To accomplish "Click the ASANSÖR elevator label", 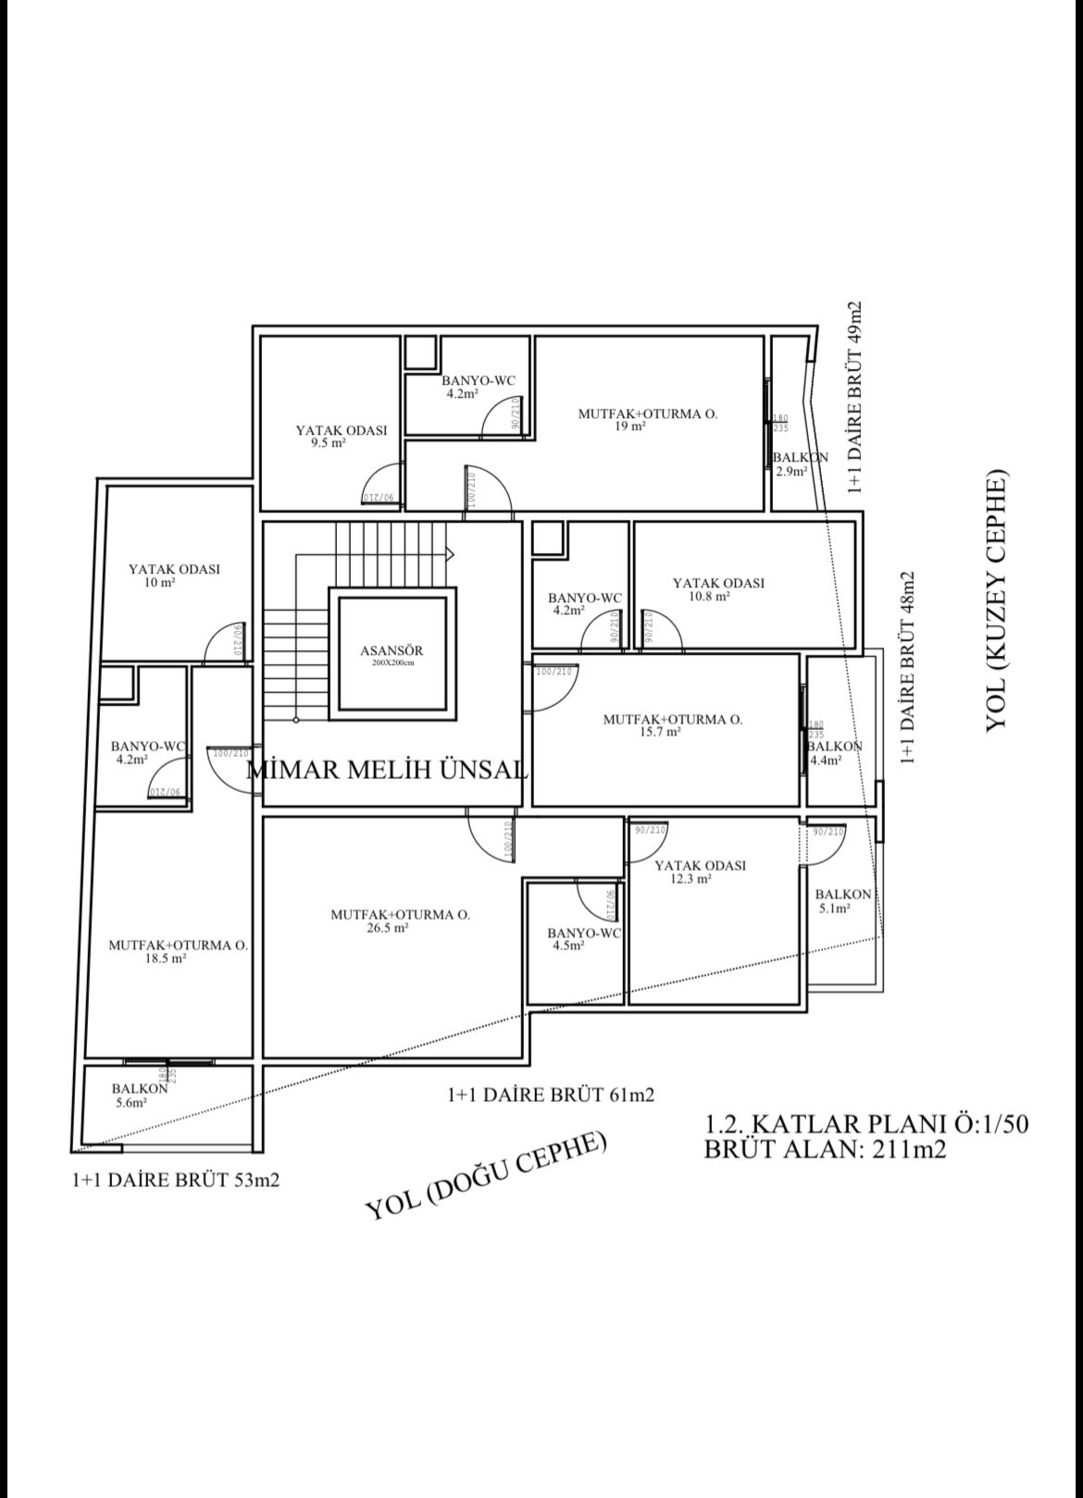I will [x=391, y=651].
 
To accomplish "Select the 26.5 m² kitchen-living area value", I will [x=387, y=928].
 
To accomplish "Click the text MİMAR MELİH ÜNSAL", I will [x=388, y=770].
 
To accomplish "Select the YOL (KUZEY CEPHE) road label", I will [x=996, y=603].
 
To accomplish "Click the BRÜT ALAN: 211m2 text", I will [x=825, y=1149].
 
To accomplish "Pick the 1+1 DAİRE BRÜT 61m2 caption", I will [x=551, y=1096].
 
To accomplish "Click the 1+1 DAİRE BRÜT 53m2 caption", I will [x=175, y=1182].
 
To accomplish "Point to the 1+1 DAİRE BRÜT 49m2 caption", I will [x=854, y=399].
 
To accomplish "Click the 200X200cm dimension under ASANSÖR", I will [x=391, y=663].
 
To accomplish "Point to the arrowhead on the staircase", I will [x=451, y=554].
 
